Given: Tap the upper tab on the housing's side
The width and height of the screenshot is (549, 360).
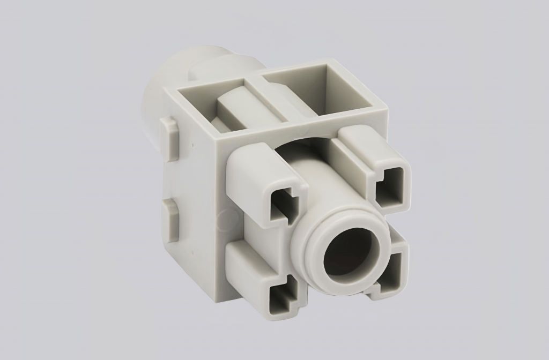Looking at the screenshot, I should tap(169, 139).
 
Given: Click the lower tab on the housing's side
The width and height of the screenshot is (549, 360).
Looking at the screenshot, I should tap(170, 220).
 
